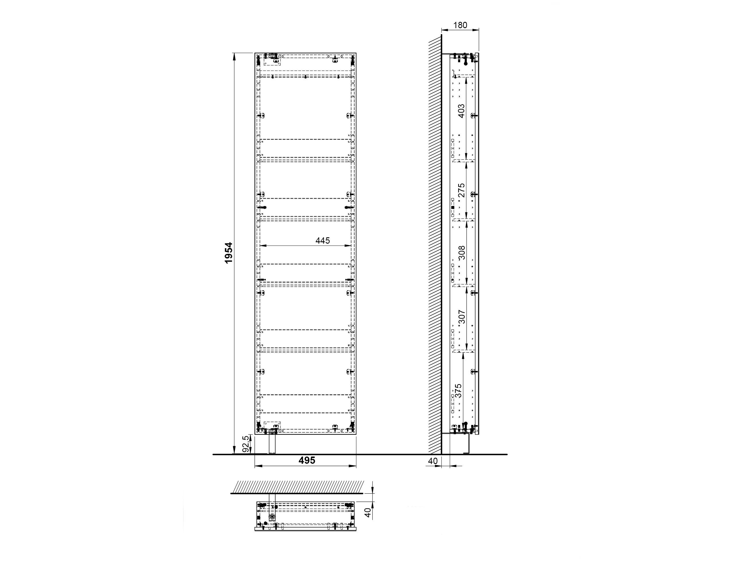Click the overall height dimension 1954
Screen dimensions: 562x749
[x=229, y=253]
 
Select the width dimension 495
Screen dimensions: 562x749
[x=307, y=460]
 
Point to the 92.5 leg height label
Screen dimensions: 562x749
[x=246, y=444]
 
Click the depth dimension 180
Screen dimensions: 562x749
[x=460, y=25]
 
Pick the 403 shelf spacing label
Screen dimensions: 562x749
[x=461, y=111]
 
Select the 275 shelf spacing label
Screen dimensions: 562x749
[x=461, y=190]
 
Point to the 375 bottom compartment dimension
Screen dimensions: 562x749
[x=458, y=390]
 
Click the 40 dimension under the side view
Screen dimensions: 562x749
[x=433, y=461]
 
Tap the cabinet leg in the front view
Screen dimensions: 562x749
[x=272, y=444]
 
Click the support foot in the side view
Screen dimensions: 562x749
[x=467, y=444]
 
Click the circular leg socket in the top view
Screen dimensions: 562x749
[x=272, y=517]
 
